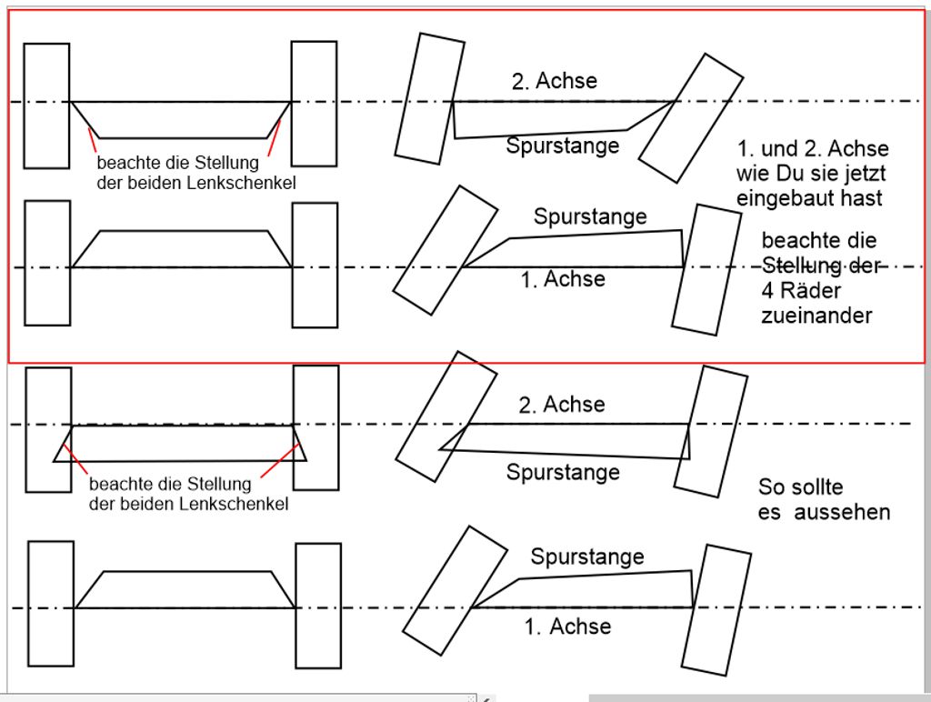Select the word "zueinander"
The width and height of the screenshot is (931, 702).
(x=816, y=316)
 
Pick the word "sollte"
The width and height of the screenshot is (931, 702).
(x=814, y=486)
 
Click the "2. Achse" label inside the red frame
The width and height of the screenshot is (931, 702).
(x=555, y=81)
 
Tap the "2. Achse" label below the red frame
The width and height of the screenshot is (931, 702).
(x=561, y=405)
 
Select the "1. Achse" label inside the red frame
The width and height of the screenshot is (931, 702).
(x=563, y=279)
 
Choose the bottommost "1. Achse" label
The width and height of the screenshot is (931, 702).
(x=568, y=626)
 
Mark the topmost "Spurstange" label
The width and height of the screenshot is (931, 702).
(x=563, y=145)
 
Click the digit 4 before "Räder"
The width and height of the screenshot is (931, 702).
(x=767, y=291)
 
